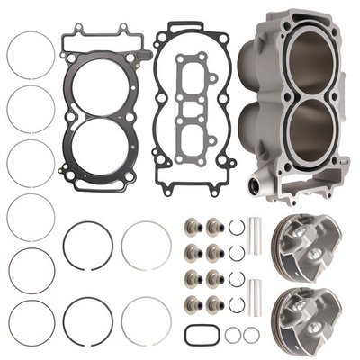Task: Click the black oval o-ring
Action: point(201,334)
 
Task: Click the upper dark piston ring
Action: point(87,245)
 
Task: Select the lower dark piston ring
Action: point(87,321)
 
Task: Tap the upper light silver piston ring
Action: point(146,245)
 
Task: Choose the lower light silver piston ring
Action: point(146,321)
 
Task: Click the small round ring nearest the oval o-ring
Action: point(232,335)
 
